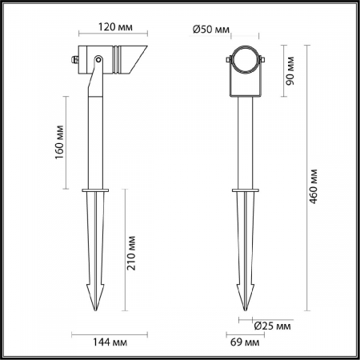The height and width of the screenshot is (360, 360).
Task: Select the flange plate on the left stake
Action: pos(97,190)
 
